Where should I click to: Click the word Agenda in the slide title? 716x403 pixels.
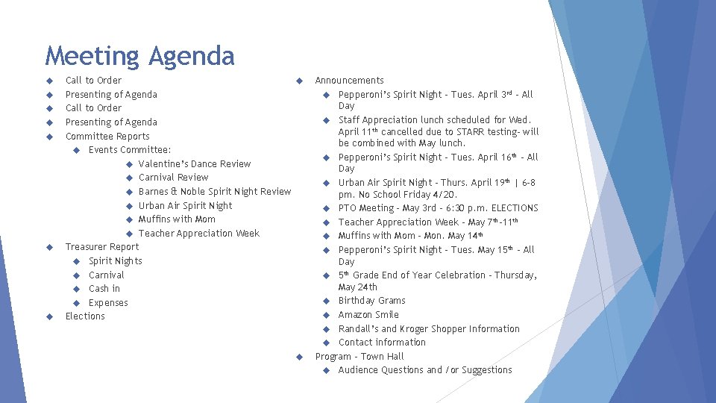[191, 57]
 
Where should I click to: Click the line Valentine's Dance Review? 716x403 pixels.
[194, 163]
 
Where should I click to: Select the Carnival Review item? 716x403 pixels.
[173, 178]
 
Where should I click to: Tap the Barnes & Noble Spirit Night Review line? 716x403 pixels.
[214, 192]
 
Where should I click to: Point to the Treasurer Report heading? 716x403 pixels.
[102, 247]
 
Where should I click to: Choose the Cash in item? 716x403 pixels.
[104, 289]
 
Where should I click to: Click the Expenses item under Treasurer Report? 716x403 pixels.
[108, 303]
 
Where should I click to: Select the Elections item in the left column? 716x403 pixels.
[85, 316]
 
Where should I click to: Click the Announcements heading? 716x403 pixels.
[349, 81]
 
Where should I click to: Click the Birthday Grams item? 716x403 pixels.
[371, 301]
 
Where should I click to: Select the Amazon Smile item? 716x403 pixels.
[368, 315]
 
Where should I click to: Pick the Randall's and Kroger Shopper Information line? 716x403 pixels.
[429, 329]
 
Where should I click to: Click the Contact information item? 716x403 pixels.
[382, 343]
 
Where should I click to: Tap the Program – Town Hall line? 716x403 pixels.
[359, 357]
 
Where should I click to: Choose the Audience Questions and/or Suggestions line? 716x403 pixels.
[425, 370]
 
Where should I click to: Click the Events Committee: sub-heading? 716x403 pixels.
[130, 150]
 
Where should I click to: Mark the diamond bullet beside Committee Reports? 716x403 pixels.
[48, 137]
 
